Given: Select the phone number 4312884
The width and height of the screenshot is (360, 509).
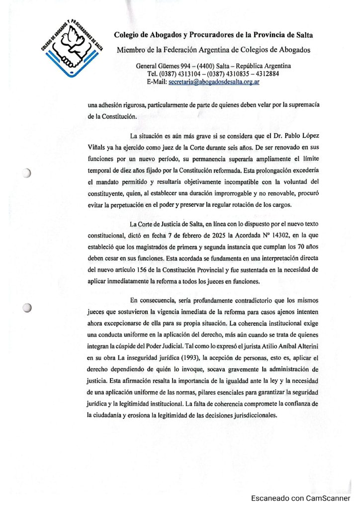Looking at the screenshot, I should point(266,75).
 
